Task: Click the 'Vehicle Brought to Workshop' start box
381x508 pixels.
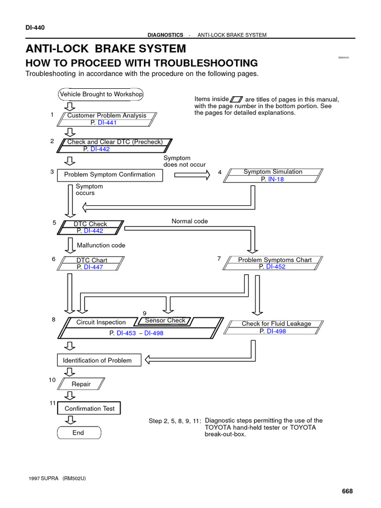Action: pos(101,94)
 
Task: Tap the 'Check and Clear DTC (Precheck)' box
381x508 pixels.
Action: pos(115,142)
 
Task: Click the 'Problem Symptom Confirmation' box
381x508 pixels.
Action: pos(110,175)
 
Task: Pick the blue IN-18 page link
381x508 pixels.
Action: pos(276,179)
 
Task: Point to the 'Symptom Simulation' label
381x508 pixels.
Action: pos(272,172)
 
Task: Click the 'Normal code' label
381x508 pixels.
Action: pos(190,221)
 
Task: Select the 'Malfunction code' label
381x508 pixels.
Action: pos(101,245)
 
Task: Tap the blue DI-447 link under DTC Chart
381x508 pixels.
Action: pos(93,267)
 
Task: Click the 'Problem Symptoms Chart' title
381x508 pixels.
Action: pos(275,259)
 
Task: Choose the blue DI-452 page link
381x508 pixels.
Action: pos(276,266)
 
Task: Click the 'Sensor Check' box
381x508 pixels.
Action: pos(165,320)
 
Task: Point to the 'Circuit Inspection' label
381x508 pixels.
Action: pos(101,322)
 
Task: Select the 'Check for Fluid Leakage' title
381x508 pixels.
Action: pos(276,323)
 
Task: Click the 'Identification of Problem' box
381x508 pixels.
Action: pos(98,360)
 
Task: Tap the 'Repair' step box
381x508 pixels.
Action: pos(81,384)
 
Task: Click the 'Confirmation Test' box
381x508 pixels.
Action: pos(89,408)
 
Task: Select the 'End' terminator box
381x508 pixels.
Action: pos(78,433)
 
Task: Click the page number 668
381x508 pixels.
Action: pos(347,491)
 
